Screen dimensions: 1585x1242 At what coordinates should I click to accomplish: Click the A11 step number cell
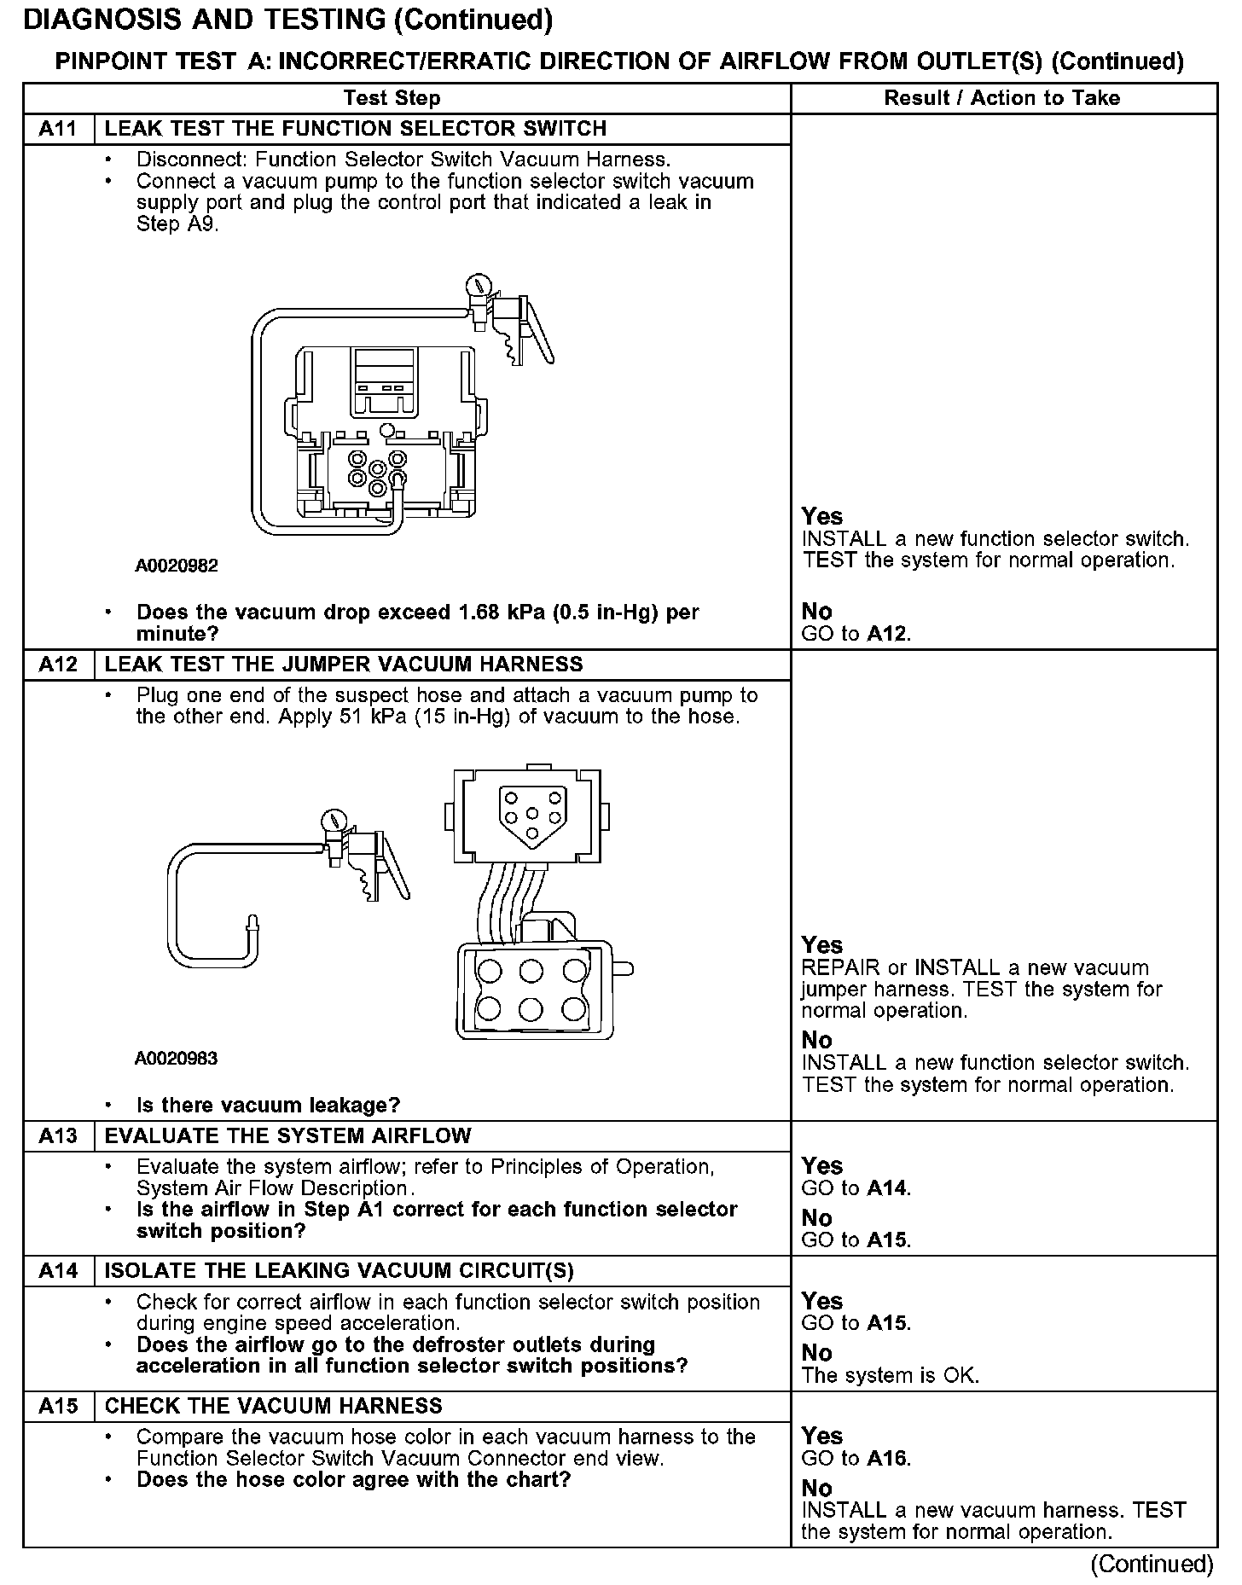pyautogui.click(x=58, y=129)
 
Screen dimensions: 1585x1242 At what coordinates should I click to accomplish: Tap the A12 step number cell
pyautogui.click(x=58, y=665)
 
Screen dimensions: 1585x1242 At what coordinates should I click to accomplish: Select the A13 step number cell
pyautogui.click(x=58, y=1136)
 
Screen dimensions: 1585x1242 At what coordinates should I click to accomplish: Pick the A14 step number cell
pyautogui.click(x=58, y=1271)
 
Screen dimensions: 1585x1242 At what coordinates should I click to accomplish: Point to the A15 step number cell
pyautogui.click(x=58, y=1406)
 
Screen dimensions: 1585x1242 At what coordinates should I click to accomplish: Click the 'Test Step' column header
pyautogui.click(x=392, y=98)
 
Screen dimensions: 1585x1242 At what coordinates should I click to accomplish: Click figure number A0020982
pyautogui.click(x=176, y=566)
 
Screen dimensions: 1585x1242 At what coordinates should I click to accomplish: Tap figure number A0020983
pyautogui.click(x=176, y=1059)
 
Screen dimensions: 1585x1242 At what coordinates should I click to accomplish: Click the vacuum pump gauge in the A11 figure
pyautogui.click(x=479, y=285)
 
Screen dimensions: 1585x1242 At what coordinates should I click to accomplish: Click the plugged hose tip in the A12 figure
pyautogui.click(x=252, y=923)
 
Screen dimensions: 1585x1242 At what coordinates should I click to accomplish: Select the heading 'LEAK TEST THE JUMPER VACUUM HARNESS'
pyautogui.click(x=344, y=665)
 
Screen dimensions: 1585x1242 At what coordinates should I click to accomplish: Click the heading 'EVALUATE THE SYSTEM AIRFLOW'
pyautogui.click(x=287, y=1136)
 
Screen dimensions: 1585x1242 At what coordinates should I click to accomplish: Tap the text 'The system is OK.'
pyautogui.click(x=890, y=1375)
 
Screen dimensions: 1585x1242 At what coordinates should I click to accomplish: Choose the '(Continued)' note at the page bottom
pyautogui.click(x=1151, y=1564)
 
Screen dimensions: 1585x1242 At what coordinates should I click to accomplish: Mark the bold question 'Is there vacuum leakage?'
pyautogui.click(x=268, y=1106)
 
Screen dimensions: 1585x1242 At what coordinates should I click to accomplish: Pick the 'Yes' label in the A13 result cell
pyautogui.click(x=821, y=1166)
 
